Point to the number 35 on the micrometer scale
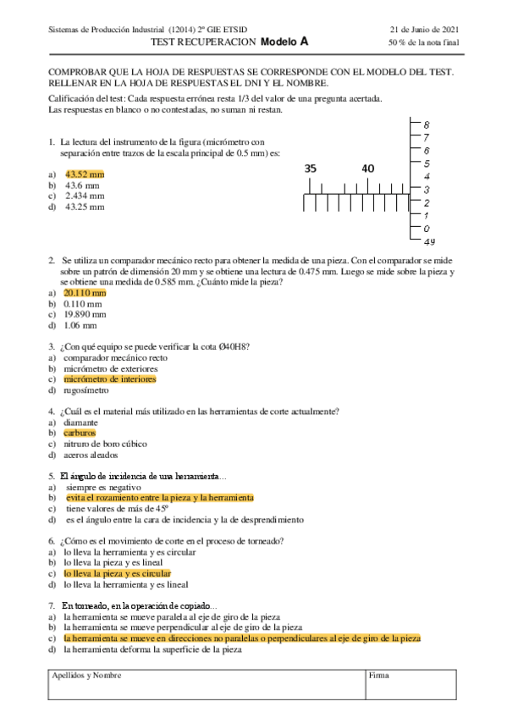311,168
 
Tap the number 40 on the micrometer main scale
367,168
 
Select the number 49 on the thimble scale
429,241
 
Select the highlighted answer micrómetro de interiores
110,380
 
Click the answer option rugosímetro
87,391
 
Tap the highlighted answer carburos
80,433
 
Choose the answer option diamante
81,422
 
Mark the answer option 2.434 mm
84,195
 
